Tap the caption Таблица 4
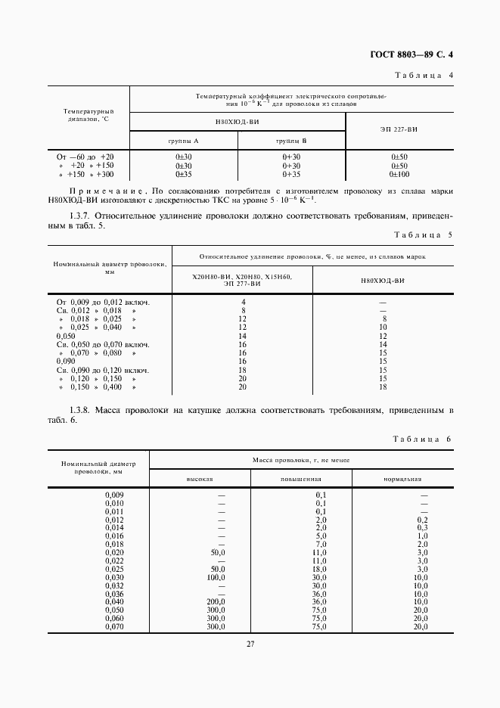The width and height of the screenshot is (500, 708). point(424,75)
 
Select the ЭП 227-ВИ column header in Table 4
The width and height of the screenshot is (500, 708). point(399,131)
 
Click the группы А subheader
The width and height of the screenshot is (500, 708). point(183,141)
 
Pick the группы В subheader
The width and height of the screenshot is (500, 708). point(291,141)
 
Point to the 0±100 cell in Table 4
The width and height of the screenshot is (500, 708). point(399,174)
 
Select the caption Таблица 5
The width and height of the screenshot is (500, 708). point(424,235)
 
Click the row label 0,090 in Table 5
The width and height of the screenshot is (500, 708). point(67,362)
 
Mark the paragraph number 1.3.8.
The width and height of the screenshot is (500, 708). point(80,410)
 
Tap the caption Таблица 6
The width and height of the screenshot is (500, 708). point(423,439)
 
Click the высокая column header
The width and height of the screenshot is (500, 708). point(200,479)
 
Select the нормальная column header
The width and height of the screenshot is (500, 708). point(402,479)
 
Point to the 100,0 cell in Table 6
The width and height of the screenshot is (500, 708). point(219,577)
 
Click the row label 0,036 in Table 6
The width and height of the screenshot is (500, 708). point(113,595)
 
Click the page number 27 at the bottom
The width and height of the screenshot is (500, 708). point(250,644)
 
